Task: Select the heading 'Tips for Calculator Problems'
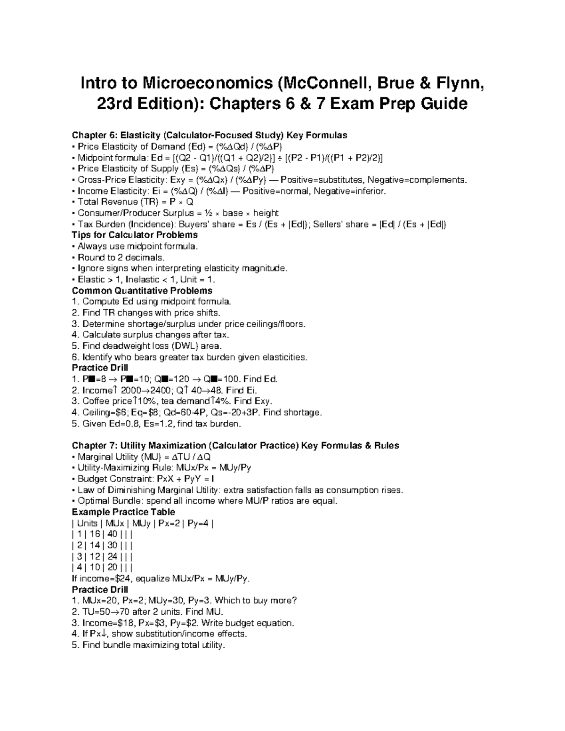coord(134,235)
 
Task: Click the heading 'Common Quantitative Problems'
coord(142,290)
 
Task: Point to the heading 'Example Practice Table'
coord(123,512)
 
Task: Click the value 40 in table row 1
coord(112,534)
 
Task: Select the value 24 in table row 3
coord(112,556)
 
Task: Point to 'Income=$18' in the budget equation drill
coord(106,623)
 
